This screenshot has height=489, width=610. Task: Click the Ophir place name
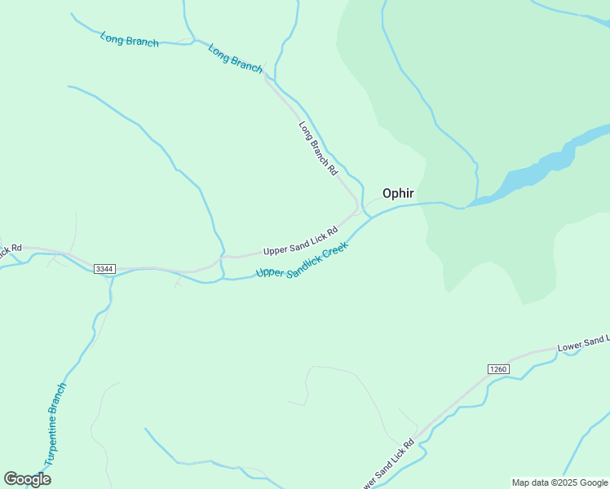(x=398, y=193)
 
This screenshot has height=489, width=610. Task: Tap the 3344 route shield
(x=104, y=269)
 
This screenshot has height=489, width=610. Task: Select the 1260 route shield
(x=498, y=369)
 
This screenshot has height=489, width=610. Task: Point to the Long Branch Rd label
(x=317, y=148)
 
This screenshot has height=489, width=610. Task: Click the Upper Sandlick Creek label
(x=302, y=260)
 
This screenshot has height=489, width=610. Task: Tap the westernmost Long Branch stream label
(x=129, y=39)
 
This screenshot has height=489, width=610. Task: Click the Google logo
(x=27, y=478)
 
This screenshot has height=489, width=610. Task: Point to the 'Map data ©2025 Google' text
(x=559, y=482)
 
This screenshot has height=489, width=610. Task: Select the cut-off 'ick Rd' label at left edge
(x=10, y=248)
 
